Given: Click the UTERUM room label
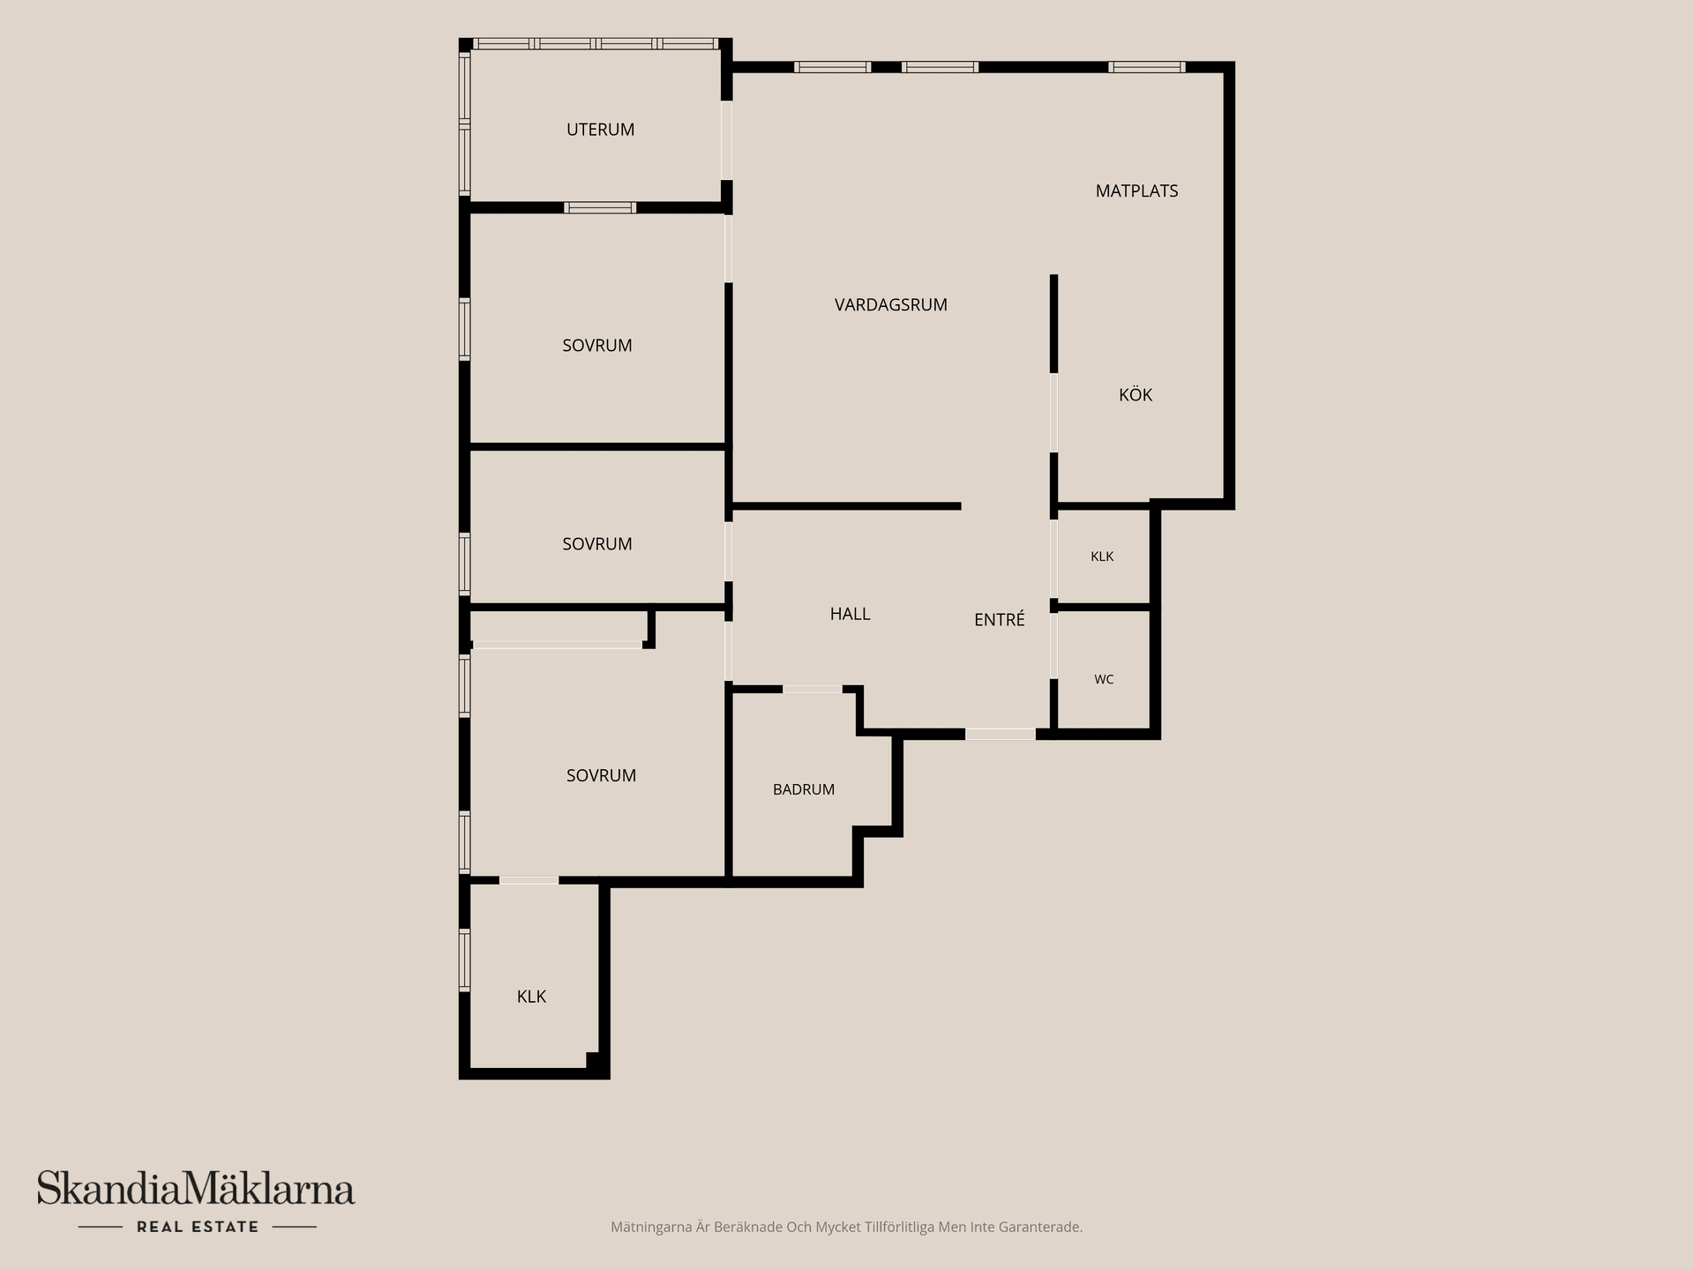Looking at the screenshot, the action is [600, 130].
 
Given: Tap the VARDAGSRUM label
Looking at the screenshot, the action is [890, 305].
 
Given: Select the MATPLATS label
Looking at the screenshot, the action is [1136, 191].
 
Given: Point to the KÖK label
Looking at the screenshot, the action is [1136, 394].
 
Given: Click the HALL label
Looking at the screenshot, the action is [850, 614].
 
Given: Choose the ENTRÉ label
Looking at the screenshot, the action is [999, 619].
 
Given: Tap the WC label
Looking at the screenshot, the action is [1104, 679].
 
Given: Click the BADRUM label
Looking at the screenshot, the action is [803, 789].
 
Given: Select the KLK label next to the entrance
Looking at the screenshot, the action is [1102, 557].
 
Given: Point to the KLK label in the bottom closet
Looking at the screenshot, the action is [531, 997].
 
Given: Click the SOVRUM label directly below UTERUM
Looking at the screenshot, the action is [596, 346].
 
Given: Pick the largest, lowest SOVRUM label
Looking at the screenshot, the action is [601, 776].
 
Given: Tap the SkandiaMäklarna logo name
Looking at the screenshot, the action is [196, 1188].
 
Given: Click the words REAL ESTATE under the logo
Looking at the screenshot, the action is [198, 1227].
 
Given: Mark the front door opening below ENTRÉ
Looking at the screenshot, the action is [1000, 734].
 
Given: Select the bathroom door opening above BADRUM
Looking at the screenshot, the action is [812, 689].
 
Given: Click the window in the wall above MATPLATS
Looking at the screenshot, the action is [1146, 67].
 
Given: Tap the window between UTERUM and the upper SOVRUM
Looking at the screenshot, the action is [600, 208].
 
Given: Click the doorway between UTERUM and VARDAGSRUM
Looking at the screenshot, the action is [727, 141].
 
